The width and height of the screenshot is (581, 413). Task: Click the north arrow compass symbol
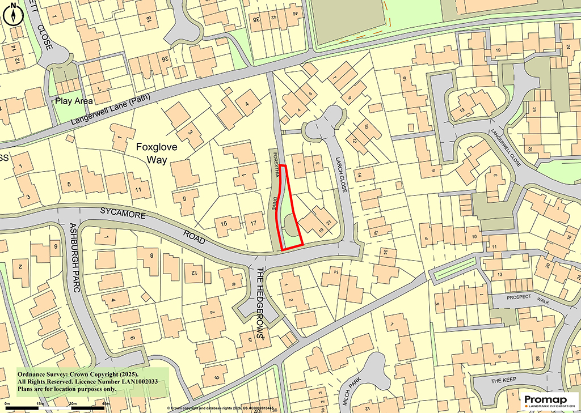point(13,15)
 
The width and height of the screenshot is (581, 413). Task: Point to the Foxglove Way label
point(157,153)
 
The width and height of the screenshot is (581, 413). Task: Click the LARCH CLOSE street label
point(342,176)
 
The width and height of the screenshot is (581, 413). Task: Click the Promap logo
point(549,399)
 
